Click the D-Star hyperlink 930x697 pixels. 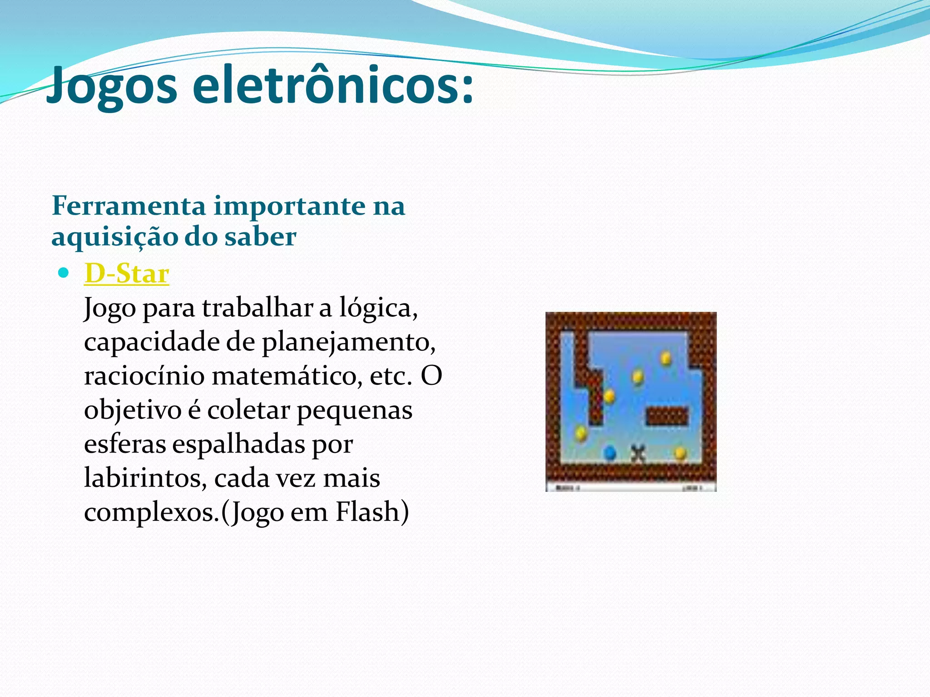[x=127, y=274]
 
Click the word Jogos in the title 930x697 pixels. [x=112, y=85]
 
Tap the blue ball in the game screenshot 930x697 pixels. [x=609, y=452]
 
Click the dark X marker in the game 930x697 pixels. [x=638, y=452]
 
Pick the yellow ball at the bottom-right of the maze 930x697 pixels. [x=680, y=452]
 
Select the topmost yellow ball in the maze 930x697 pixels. [x=666, y=358]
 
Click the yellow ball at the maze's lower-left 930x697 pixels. [x=581, y=433]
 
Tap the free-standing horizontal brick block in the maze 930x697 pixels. [x=667, y=416]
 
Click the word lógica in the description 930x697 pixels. [x=378, y=308]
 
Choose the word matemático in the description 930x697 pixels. [x=287, y=376]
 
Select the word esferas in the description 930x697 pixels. [x=125, y=444]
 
